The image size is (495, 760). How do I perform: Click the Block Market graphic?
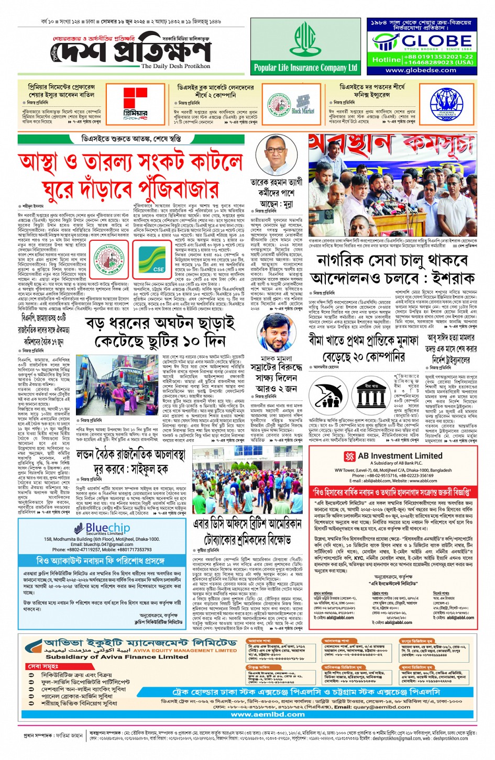(x=303, y=103)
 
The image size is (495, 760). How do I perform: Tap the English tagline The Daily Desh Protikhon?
(x=175, y=66)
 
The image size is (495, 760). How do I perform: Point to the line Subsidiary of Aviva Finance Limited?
(x=117, y=657)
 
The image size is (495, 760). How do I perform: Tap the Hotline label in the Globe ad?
(x=386, y=60)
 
